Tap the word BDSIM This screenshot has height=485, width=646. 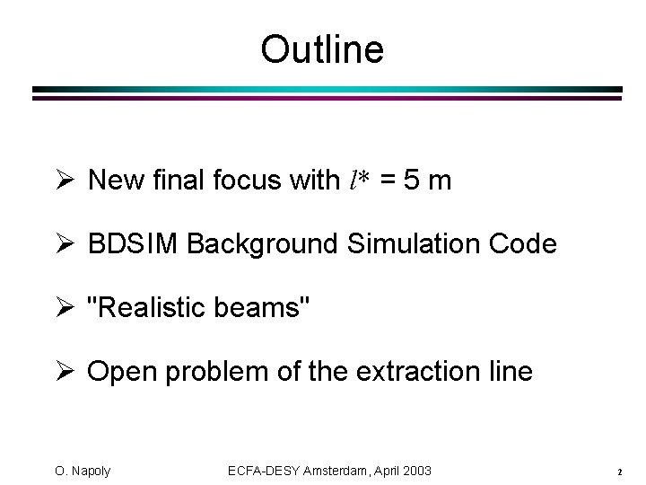pyautogui.click(x=124, y=244)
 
